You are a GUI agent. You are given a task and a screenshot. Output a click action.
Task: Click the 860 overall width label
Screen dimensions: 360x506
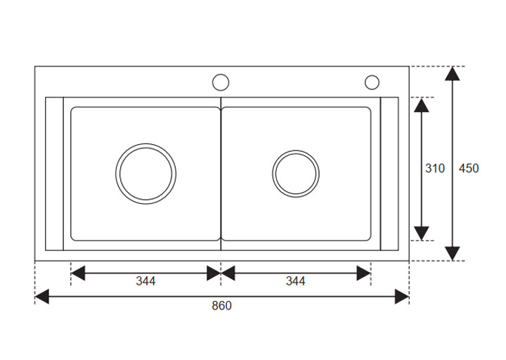click(x=222, y=306)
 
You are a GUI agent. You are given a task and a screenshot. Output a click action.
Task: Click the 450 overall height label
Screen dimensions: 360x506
click(x=469, y=169)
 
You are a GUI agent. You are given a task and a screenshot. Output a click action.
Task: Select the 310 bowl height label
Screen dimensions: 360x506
click(x=435, y=169)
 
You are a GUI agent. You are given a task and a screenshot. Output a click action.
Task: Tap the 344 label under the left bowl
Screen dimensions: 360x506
click(x=145, y=282)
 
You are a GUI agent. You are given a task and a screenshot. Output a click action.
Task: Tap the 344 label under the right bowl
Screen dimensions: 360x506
click(x=295, y=282)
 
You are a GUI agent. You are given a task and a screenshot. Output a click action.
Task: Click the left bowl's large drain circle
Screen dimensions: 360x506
click(x=146, y=172)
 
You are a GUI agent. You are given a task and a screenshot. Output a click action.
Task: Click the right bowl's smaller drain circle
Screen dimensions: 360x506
click(x=295, y=172)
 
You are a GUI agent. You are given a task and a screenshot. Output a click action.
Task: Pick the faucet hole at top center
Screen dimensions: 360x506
click(x=221, y=82)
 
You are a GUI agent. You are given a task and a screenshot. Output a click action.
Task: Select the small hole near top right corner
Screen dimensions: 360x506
click(x=372, y=82)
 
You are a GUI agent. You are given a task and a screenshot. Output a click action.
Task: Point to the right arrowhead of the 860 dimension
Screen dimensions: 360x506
click(x=402, y=297)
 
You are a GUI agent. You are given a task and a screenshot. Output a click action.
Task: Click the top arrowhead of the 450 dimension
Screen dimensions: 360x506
click(x=453, y=74)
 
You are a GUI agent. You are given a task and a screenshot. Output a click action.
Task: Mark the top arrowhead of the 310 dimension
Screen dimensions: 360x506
click(x=421, y=105)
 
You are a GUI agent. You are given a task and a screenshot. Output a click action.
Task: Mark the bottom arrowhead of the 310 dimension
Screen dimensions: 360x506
click(x=421, y=233)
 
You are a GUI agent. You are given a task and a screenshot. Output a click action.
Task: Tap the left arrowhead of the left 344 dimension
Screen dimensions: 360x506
click(x=78, y=273)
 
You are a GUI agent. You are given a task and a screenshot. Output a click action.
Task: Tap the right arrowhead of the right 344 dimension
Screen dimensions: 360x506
click(x=363, y=273)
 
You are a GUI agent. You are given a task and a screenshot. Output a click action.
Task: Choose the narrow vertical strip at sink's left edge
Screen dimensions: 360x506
click(x=55, y=173)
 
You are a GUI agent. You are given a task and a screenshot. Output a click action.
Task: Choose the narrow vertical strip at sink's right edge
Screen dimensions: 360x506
click(x=389, y=173)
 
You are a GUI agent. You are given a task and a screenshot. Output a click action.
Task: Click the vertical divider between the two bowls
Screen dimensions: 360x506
click(x=221, y=173)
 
